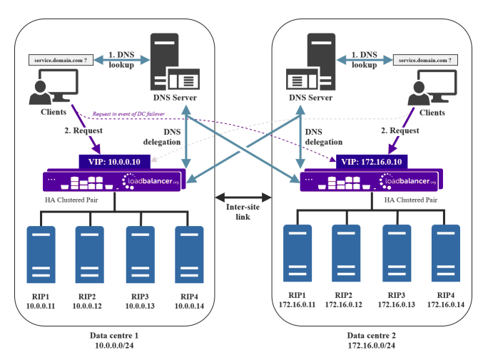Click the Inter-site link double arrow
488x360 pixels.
(x=242, y=195)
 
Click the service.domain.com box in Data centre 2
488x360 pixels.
(x=427, y=61)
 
